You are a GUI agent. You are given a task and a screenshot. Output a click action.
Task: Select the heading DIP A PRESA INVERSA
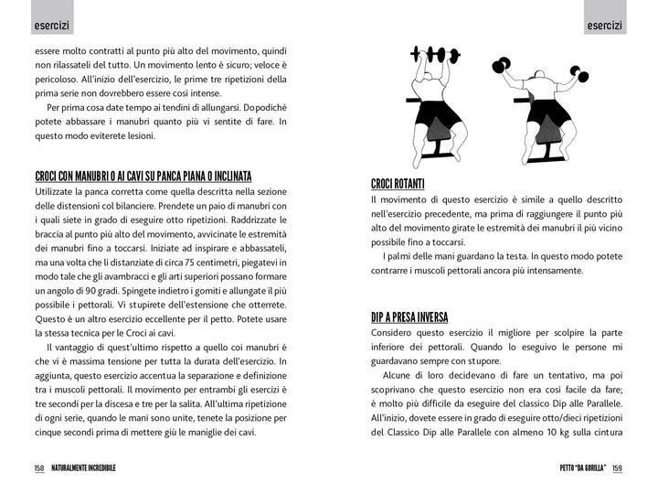[x=409, y=317]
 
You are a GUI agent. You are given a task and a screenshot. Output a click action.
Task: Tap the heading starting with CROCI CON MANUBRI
[x=143, y=176]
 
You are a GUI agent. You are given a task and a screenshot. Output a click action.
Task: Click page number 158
[x=39, y=467]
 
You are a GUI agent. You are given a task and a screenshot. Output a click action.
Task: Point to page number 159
[x=617, y=467]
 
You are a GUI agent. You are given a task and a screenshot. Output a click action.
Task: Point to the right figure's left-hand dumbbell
[x=500, y=65]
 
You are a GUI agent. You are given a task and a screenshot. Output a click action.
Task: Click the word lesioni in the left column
[x=137, y=136]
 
